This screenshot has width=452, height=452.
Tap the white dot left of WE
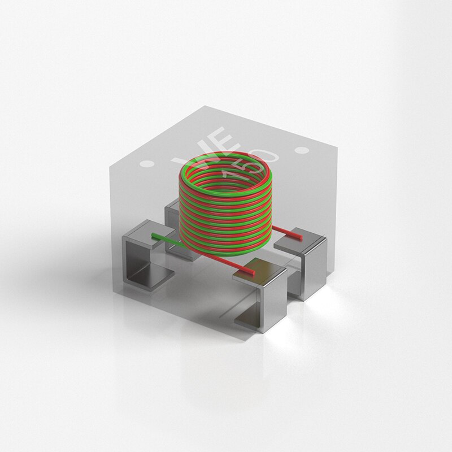(147, 164)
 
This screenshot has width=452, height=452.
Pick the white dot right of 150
(302, 150)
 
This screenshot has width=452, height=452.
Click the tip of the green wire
(153, 235)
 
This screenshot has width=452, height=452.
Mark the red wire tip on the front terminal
(253, 272)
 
